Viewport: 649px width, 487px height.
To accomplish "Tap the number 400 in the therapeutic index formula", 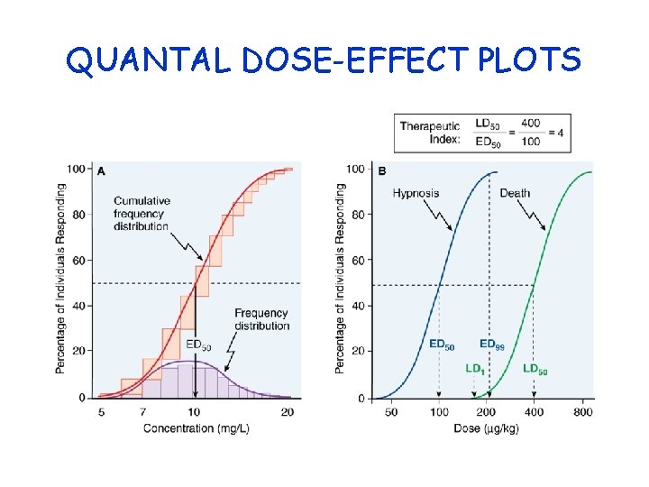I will [x=530, y=124].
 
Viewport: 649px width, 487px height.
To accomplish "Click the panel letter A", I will [x=101, y=170].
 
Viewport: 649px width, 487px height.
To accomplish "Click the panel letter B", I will [x=382, y=170].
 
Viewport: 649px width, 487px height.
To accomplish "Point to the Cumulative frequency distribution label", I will [x=143, y=213].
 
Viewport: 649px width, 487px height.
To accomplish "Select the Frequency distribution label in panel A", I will [x=261, y=318].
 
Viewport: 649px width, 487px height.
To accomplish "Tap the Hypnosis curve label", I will [x=416, y=193].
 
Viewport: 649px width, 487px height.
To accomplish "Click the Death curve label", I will [x=515, y=193].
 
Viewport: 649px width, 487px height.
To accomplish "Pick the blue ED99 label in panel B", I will [x=491, y=344].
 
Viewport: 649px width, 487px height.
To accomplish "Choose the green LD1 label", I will [x=474, y=368].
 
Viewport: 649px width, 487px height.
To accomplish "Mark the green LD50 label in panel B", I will [x=535, y=368].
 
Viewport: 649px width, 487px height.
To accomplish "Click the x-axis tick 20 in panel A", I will [x=288, y=412].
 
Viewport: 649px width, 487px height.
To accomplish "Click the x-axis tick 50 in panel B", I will [x=392, y=412].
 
